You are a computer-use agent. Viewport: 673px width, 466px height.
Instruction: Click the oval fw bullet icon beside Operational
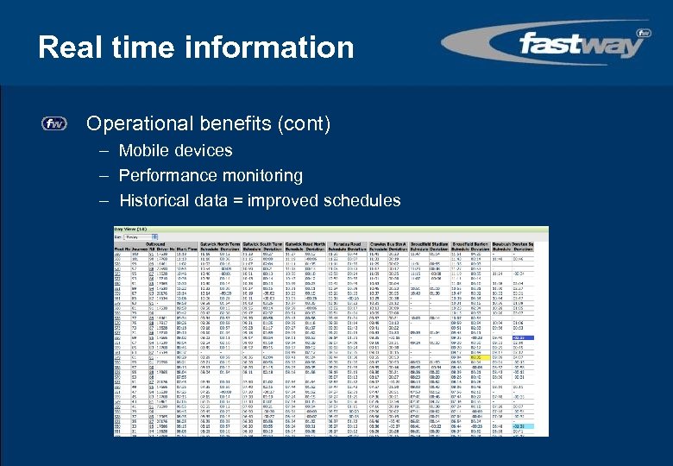(54, 124)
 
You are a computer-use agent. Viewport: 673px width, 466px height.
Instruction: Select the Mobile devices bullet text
(175, 150)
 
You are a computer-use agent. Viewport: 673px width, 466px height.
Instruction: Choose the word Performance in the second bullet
(160, 175)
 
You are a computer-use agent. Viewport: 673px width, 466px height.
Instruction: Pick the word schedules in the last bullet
(362, 201)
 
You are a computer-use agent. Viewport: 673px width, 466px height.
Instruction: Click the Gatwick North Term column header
(219, 243)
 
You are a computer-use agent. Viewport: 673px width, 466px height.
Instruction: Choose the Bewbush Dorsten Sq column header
(528, 243)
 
